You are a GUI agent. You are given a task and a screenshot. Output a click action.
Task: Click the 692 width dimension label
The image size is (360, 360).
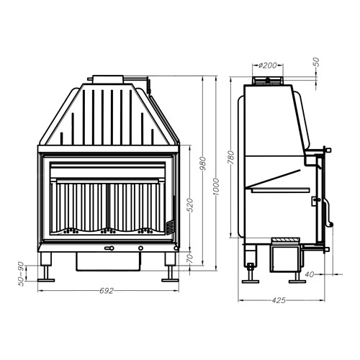click(x=107, y=291)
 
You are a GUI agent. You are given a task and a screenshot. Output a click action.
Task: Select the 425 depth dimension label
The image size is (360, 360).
click(x=279, y=300)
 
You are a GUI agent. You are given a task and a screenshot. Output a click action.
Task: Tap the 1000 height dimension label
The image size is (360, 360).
click(x=216, y=187)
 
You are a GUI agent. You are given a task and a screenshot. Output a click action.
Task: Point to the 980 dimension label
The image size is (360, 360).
click(x=203, y=163)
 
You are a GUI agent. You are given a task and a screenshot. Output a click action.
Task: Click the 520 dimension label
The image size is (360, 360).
click(x=190, y=205)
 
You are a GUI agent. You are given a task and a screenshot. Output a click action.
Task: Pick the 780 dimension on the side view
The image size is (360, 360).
click(x=230, y=158)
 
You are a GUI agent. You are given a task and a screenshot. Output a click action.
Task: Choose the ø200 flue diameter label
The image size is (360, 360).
click(x=267, y=65)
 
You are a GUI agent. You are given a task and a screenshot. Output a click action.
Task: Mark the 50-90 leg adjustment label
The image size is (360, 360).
click(x=21, y=274)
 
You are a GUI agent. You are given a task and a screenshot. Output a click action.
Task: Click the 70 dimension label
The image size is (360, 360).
click(x=190, y=258)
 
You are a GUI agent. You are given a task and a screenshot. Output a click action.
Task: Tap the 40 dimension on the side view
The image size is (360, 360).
click(x=310, y=274)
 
